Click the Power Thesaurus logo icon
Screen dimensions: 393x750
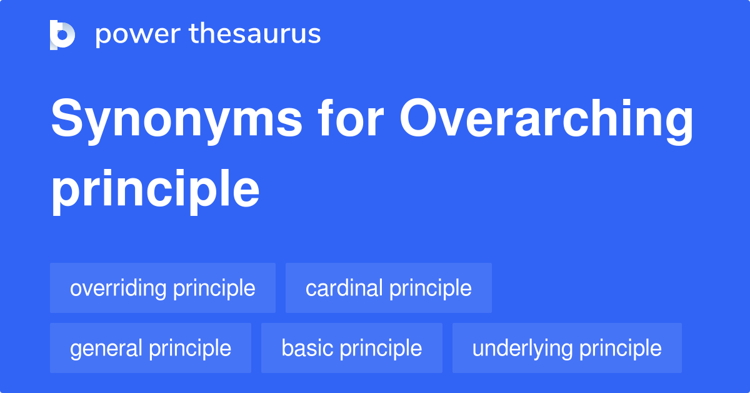point(62,34)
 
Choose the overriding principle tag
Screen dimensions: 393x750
point(162,288)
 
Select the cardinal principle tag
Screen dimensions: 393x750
point(388,288)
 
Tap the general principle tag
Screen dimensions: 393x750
point(150,348)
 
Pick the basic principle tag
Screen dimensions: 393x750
point(351,348)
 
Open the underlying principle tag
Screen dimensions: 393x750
point(566,348)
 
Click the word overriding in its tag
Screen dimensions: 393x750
point(118,288)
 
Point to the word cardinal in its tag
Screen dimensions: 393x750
point(344,288)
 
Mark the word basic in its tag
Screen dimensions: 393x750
point(307,348)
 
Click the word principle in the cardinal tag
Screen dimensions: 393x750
point(431,288)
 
